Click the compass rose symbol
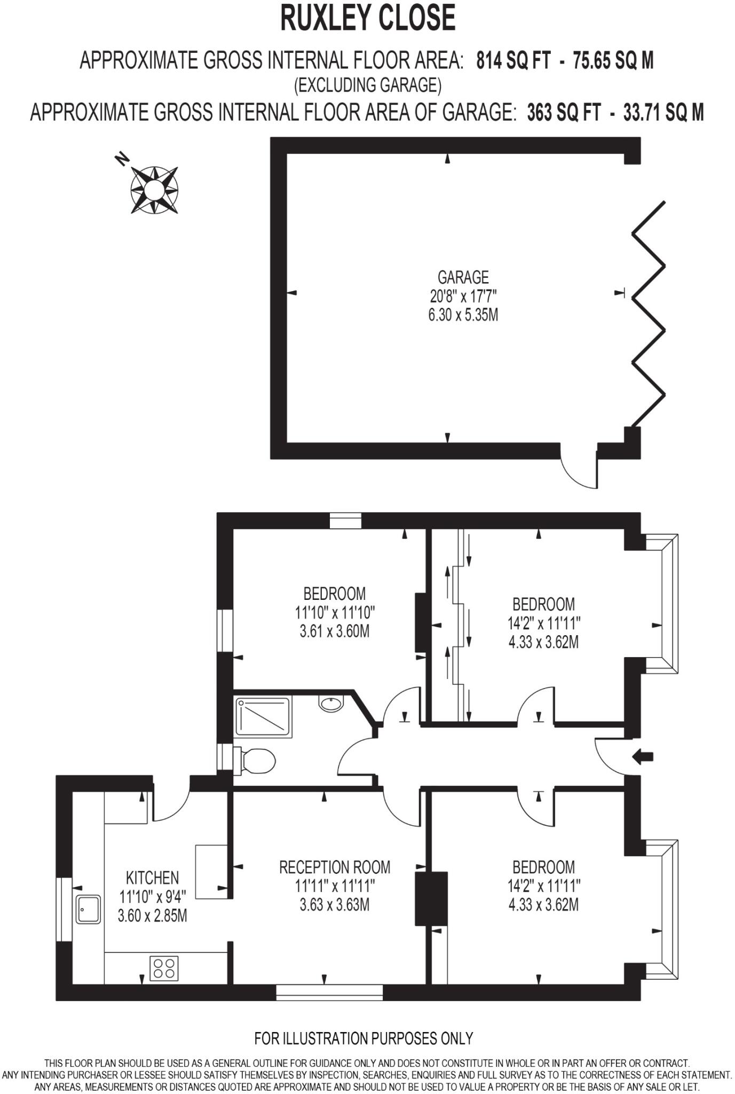tap(154, 190)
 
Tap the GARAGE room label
tap(463, 277)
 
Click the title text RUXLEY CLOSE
tap(368, 18)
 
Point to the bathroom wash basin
tap(331, 702)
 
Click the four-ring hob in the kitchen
tap(164, 968)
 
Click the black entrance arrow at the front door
tap(643, 756)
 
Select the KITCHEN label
tap(152, 878)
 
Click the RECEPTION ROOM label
tap(335, 867)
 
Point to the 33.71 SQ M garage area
tap(663, 113)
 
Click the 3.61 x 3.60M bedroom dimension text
tap(335, 631)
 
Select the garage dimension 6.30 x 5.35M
tap(463, 315)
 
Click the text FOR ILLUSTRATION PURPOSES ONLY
tap(363, 1038)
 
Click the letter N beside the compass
tap(122, 159)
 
